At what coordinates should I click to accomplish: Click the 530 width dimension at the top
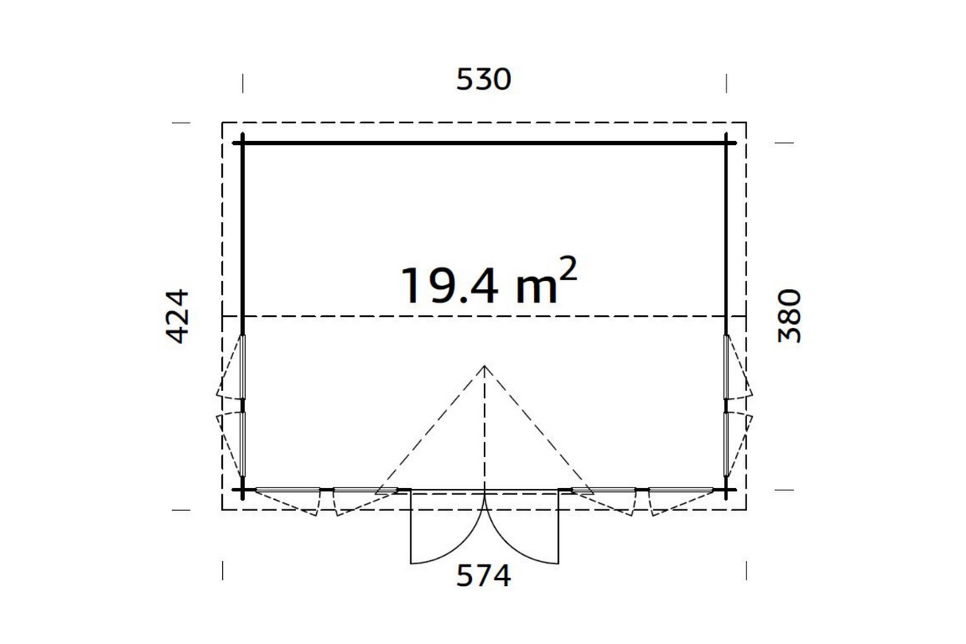pyautogui.click(x=484, y=80)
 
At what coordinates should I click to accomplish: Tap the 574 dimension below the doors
pyautogui.click(x=484, y=576)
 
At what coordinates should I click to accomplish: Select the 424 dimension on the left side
pyautogui.click(x=177, y=316)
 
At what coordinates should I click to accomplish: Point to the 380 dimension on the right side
pyautogui.click(x=789, y=316)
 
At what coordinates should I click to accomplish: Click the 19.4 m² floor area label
pyautogui.click(x=489, y=282)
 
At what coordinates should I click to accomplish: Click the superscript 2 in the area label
pyautogui.click(x=567, y=269)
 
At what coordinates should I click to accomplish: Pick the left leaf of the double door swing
pyautogui.click(x=448, y=528)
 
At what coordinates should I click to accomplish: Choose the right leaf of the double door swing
pyautogui.click(x=522, y=528)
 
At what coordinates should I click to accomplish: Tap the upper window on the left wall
pyautogui.click(x=243, y=367)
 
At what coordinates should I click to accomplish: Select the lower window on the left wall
pyautogui.click(x=243, y=444)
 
